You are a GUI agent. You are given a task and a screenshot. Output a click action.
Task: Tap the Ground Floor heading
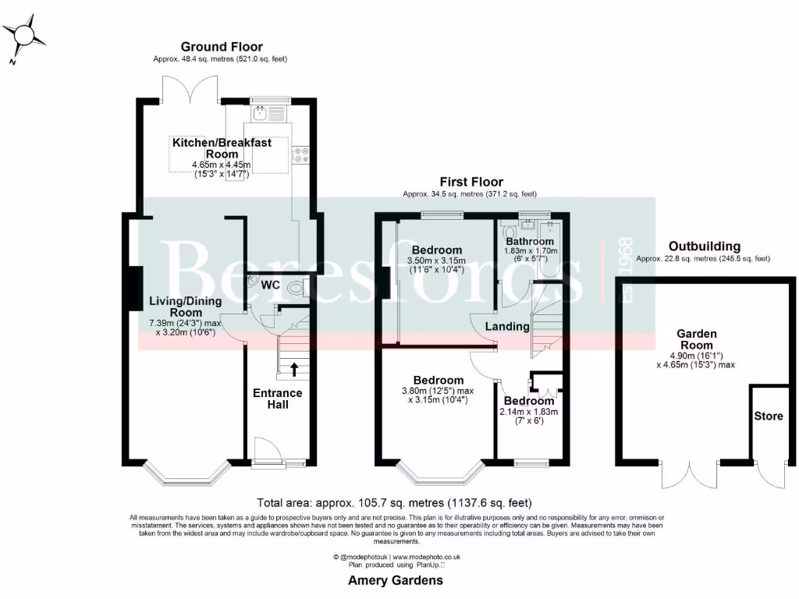click(222, 47)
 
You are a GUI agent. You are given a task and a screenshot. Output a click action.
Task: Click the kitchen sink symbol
click(260, 115)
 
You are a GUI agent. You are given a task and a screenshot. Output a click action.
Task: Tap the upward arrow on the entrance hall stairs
click(294, 368)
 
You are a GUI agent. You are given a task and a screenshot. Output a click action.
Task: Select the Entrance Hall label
click(277, 399)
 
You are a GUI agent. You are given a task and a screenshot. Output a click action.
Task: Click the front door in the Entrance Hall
click(265, 451)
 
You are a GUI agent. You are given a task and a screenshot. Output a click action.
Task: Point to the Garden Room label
click(696, 339)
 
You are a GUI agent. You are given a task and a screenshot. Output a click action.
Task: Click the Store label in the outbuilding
click(768, 416)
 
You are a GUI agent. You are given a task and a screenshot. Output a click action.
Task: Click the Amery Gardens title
click(395, 580)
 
